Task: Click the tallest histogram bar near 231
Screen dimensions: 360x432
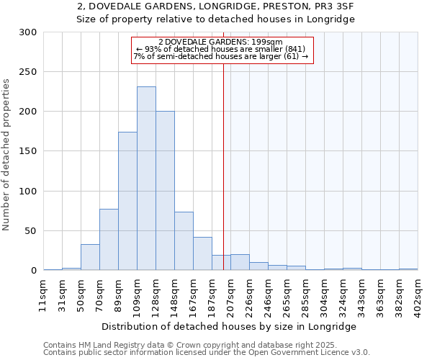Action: point(146,179)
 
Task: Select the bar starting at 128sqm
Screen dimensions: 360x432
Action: point(165,191)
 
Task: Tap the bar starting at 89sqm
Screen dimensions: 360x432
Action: point(127,201)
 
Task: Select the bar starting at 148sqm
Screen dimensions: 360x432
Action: point(184,241)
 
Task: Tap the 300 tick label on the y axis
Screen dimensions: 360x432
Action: point(28,32)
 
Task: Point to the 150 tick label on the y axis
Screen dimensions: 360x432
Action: point(28,151)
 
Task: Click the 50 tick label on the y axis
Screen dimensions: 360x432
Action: point(31,231)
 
